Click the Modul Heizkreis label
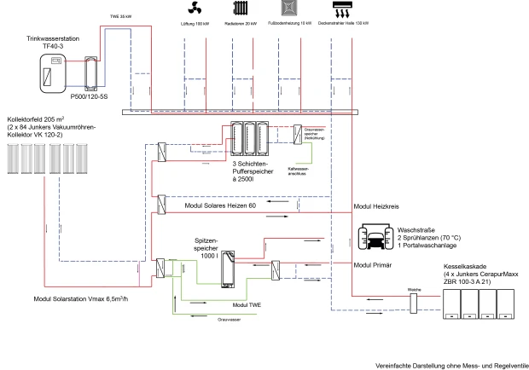(376, 208)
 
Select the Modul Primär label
(373, 265)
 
